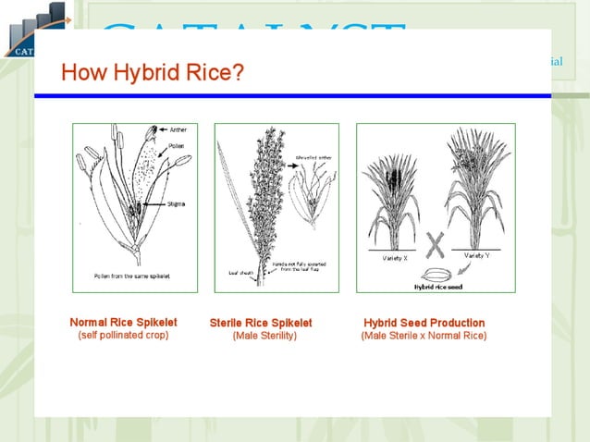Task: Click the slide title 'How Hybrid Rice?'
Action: coord(153,71)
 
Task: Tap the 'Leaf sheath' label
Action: coord(240,273)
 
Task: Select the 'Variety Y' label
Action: coord(477,254)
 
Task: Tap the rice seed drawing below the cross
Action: coord(436,274)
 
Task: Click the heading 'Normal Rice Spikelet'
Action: coord(123,322)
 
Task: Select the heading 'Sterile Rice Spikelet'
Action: coord(261,323)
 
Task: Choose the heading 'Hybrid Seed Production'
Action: coord(424,323)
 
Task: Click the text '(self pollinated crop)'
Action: coord(123,335)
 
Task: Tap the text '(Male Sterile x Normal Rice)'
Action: coord(424,336)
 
